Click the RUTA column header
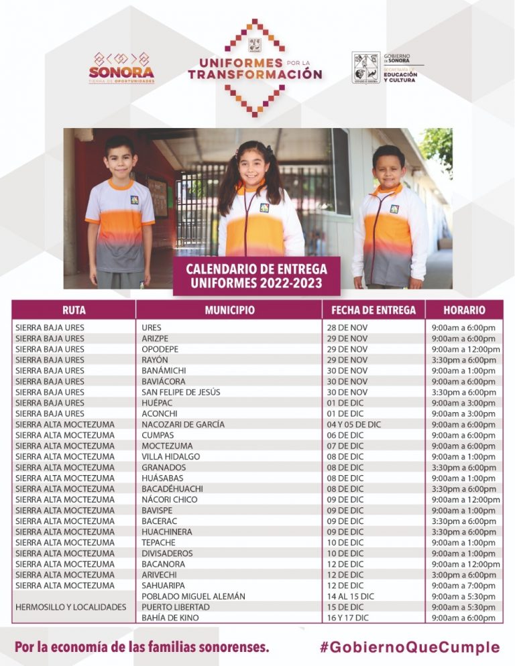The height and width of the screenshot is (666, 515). pyautogui.click(x=74, y=310)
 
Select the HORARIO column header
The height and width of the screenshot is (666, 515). pyautogui.click(x=464, y=310)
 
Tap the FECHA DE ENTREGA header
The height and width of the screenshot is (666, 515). pyautogui.click(x=374, y=310)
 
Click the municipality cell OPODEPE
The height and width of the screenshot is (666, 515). pyautogui.click(x=160, y=349)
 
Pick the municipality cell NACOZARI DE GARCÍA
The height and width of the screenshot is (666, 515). pyautogui.click(x=183, y=424)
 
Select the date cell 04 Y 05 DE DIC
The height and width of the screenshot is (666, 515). pyautogui.click(x=353, y=424)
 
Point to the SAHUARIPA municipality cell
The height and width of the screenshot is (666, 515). pyautogui.click(x=164, y=585)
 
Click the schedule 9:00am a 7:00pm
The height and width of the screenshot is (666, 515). pyautogui.click(x=463, y=585)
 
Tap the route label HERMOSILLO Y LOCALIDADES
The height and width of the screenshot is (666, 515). pyautogui.click(x=70, y=606)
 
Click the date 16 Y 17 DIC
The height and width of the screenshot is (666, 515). pyautogui.click(x=349, y=617)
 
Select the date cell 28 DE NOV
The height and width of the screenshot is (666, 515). pyautogui.click(x=347, y=328)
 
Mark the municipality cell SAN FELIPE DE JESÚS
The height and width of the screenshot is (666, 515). pyautogui.click(x=180, y=392)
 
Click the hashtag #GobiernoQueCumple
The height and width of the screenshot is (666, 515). pyautogui.click(x=410, y=647)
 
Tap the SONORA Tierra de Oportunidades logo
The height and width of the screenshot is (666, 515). pyautogui.click(x=121, y=68)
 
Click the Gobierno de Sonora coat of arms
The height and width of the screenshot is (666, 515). pyautogui.click(x=366, y=68)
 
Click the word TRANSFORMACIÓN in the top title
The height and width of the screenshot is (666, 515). pyautogui.click(x=255, y=74)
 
